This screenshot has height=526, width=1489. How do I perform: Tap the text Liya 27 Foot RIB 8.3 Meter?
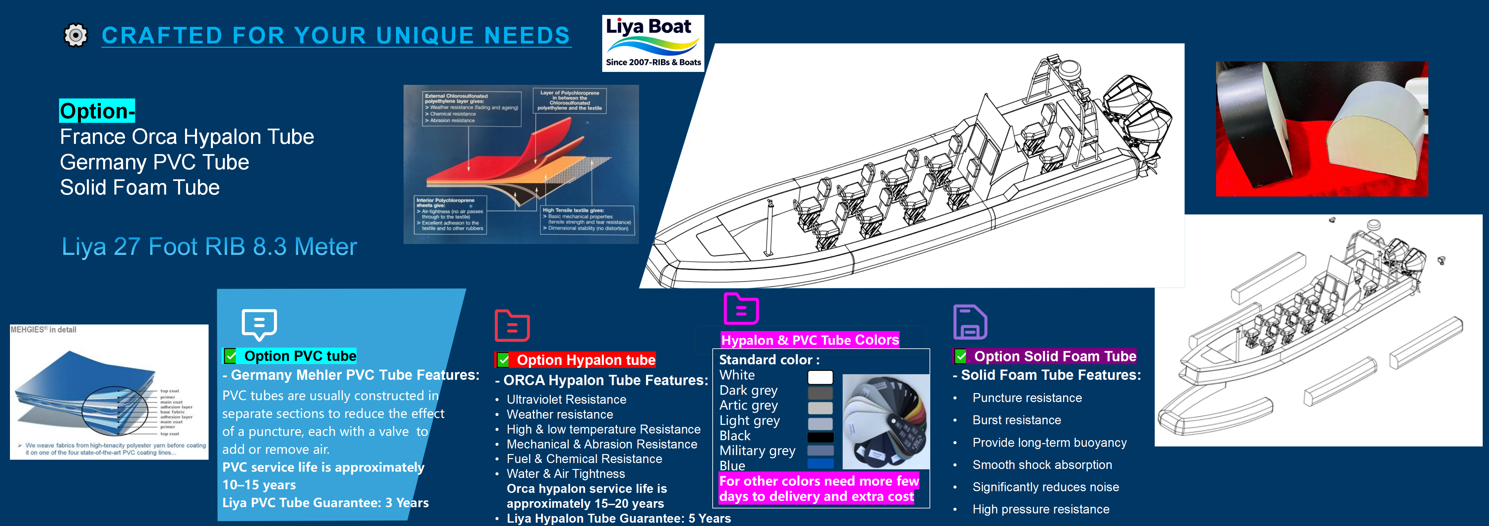tap(209, 247)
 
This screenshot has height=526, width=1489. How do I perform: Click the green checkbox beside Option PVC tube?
tap(230, 356)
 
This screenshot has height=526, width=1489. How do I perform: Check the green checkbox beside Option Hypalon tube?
tap(503, 360)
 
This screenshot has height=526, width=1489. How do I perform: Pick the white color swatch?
tap(820, 377)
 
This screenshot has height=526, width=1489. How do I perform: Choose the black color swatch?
tap(820, 437)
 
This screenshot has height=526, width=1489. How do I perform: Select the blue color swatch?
tap(820, 464)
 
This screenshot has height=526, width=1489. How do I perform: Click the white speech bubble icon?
tap(259, 324)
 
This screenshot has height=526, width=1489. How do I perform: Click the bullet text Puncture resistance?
tap(1027, 398)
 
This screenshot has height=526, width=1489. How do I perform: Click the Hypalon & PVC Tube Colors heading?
tap(810, 340)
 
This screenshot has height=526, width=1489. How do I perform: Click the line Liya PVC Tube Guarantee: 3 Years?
tap(325, 503)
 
